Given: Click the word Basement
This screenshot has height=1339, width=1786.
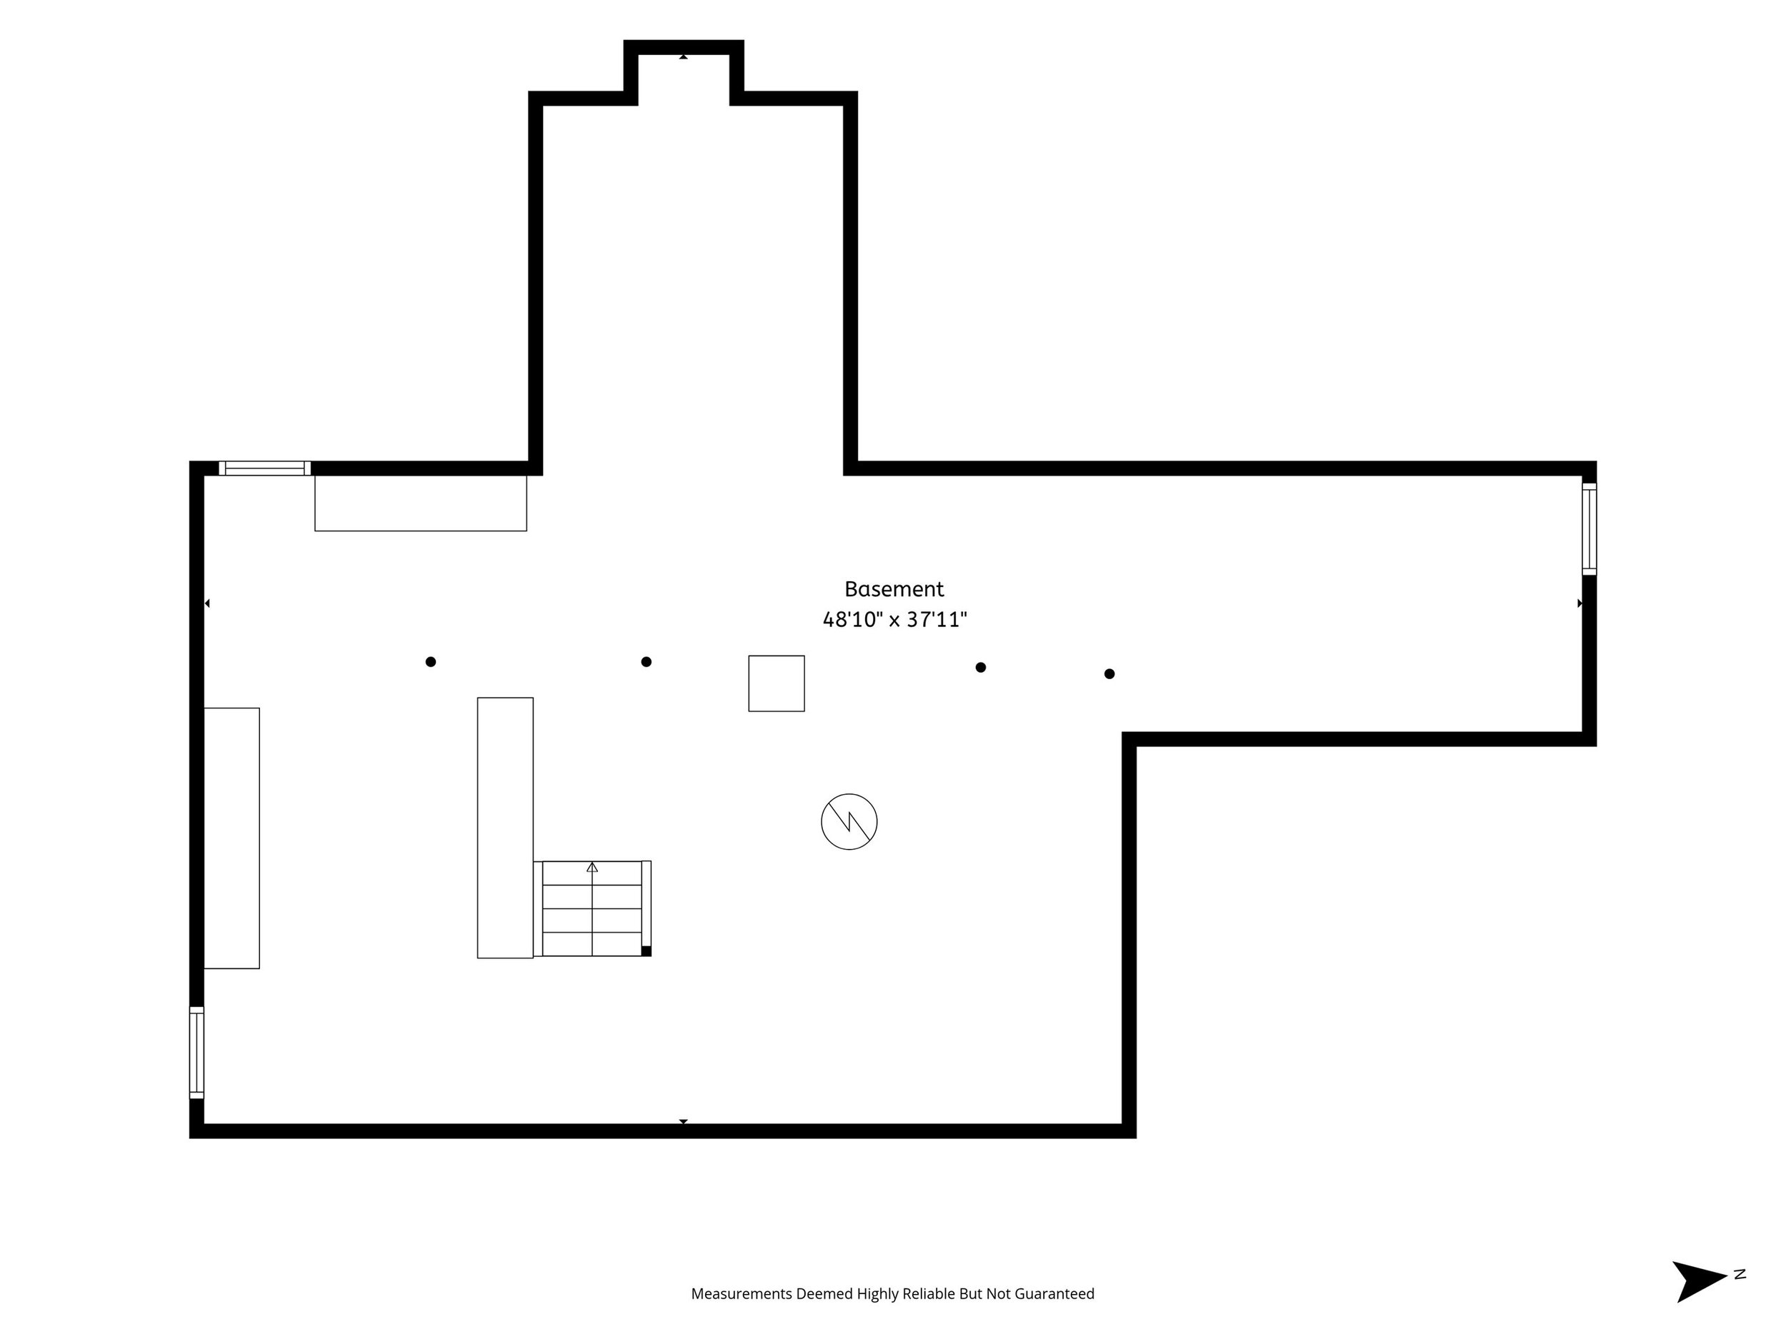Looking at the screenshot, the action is coord(894,589).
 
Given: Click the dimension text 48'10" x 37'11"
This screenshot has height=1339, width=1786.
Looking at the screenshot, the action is coord(894,620).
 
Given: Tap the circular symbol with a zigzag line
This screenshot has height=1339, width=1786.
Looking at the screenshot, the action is coord(849,822).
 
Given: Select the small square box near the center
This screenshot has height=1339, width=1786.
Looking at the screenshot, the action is coord(777,683).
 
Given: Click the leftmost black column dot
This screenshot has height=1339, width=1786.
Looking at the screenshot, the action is coord(430,662).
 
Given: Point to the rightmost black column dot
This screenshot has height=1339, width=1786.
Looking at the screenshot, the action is coord(1109,674).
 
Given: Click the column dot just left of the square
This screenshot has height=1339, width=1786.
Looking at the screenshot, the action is coord(646,662).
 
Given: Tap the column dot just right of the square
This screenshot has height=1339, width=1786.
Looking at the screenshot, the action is coord(980,668).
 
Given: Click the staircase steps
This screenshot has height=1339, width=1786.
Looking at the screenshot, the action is coord(592,909).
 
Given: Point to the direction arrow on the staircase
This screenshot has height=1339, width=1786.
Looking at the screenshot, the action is coord(592,867).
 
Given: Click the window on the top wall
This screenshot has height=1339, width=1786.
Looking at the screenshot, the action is coord(265,468).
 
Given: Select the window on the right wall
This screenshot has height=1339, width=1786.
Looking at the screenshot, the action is coord(1589,529).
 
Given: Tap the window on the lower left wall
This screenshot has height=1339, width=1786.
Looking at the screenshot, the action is coord(197,1053).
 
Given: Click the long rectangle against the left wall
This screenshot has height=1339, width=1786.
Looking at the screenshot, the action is coord(231,838).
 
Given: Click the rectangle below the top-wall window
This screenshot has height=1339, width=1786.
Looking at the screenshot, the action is coord(421,503).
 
